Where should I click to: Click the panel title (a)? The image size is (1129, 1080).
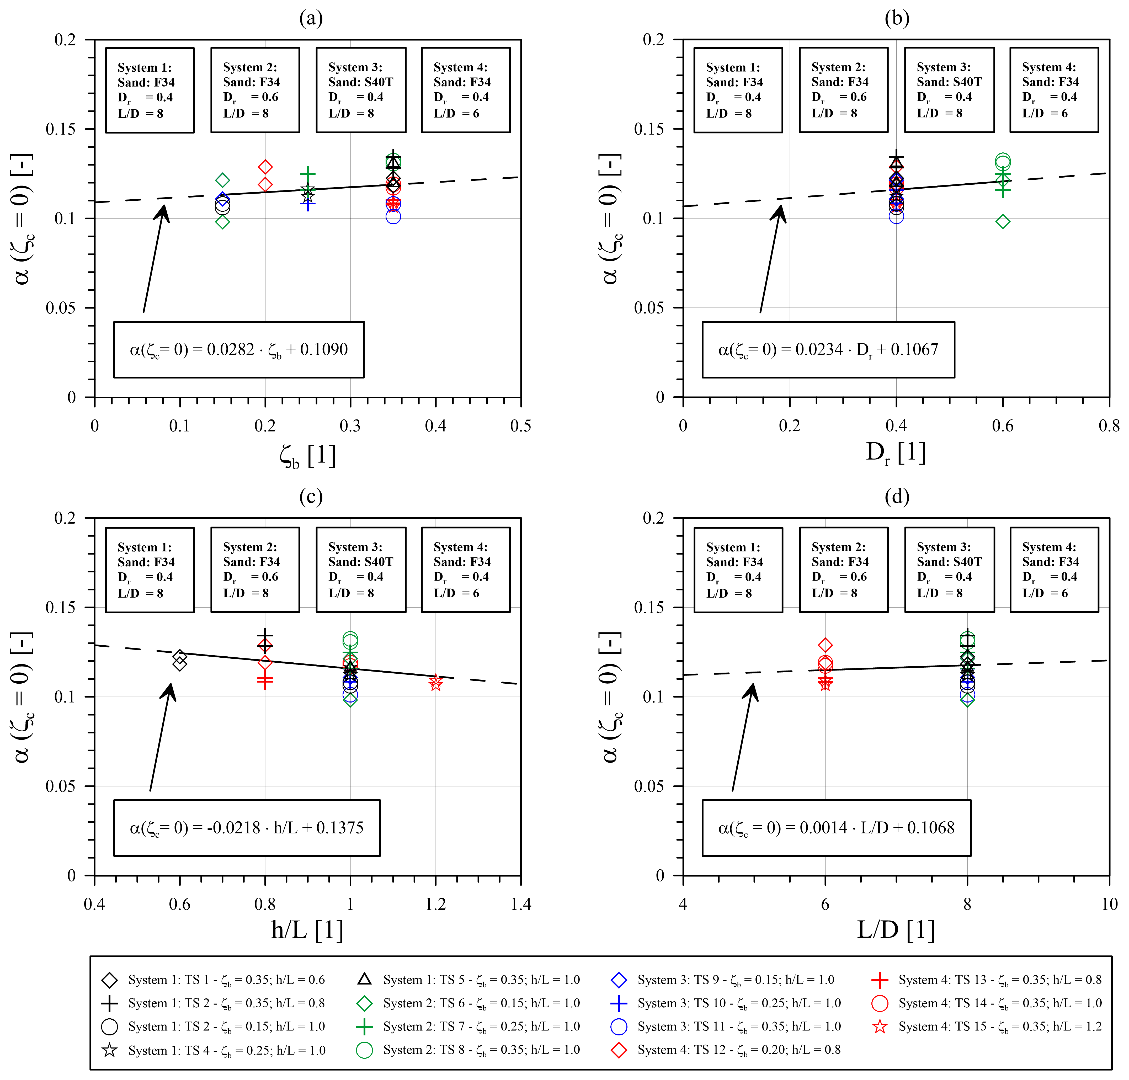point(311,18)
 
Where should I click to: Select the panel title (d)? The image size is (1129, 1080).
point(896,496)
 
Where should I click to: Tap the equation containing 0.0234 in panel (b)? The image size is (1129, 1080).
point(828,349)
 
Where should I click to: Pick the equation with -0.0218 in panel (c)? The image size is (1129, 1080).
point(246,828)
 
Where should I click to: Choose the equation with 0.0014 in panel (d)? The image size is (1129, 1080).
point(836,828)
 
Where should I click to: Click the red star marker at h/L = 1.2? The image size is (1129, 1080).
point(436,683)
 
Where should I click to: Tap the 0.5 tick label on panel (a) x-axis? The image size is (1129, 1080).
point(520,426)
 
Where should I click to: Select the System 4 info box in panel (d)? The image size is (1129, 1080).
point(1053,570)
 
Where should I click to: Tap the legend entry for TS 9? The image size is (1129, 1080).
point(722,980)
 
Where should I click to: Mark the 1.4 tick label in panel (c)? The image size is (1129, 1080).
point(520,905)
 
